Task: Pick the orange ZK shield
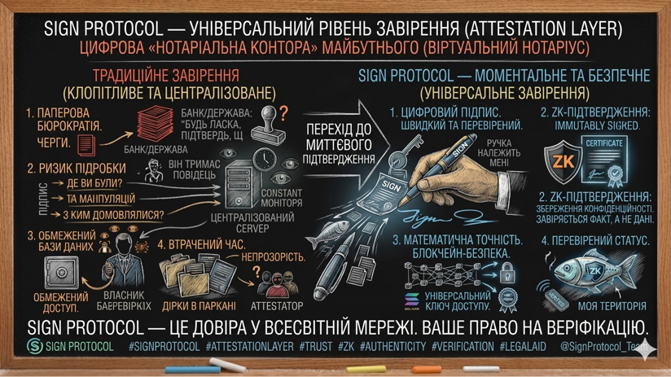click(x=564, y=160)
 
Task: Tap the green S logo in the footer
click(x=34, y=346)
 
